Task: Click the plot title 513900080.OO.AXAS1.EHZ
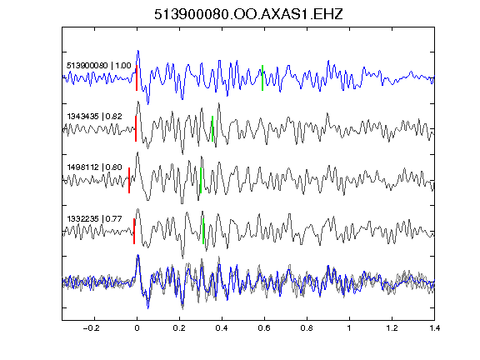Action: (248, 14)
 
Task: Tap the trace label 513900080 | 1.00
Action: (98, 66)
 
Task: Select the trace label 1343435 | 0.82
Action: (94, 117)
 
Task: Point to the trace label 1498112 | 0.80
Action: (94, 167)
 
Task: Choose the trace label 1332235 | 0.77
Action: (94, 218)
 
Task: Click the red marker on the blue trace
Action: (137, 77)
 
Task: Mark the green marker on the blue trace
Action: (262, 77)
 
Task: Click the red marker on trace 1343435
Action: (136, 128)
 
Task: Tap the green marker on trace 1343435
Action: (212, 128)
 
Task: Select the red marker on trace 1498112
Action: (129, 180)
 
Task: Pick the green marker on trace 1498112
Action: (201, 180)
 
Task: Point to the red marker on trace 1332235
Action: (134, 231)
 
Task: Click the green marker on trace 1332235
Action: (203, 231)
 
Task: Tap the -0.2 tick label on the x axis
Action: (91, 328)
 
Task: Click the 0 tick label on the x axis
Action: (137, 328)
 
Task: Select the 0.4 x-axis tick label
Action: (222, 328)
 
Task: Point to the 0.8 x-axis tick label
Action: (307, 328)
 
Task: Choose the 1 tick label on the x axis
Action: (349, 328)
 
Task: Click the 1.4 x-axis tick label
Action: (434, 328)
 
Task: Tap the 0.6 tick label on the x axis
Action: (264, 328)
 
